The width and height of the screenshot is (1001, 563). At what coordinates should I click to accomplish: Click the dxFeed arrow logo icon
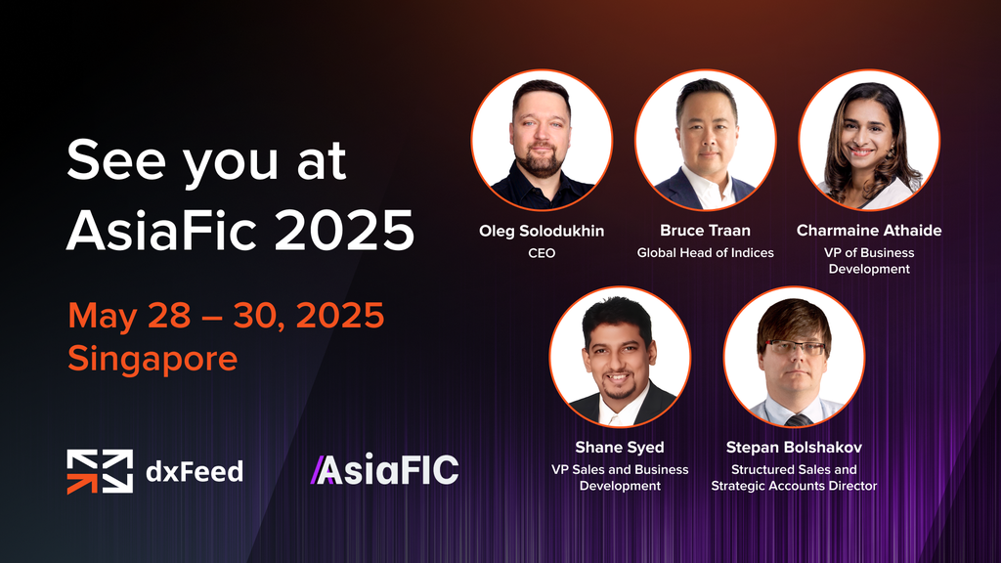click(100, 472)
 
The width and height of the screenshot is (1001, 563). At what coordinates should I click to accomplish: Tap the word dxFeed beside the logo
click(195, 472)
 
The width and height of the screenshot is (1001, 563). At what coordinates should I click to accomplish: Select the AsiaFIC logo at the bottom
click(384, 470)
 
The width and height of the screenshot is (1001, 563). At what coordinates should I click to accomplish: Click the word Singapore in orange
click(152, 359)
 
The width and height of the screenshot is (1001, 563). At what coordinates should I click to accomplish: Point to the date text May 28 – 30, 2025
click(226, 315)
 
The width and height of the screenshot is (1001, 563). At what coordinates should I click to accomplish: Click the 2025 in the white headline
click(345, 231)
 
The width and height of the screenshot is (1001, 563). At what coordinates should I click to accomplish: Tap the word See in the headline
click(116, 160)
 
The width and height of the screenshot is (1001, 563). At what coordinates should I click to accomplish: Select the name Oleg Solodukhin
click(542, 231)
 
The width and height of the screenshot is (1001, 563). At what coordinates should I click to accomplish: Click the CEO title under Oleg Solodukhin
click(542, 253)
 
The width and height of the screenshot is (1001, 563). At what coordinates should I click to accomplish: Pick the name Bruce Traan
click(705, 231)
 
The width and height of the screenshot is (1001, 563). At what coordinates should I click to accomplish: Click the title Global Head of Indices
click(705, 253)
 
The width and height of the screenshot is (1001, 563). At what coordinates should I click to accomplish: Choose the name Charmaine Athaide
click(869, 231)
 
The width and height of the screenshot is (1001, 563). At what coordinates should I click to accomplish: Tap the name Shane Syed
click(619, 448)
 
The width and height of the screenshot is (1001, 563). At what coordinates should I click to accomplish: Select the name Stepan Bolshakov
click(794, 448)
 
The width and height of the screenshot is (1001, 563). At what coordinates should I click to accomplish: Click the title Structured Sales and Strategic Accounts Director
click(794, 477)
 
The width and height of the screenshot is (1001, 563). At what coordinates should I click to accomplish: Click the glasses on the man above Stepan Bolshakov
click(795, 348)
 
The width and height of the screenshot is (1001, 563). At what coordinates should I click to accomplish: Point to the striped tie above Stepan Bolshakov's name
click(798, 419)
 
